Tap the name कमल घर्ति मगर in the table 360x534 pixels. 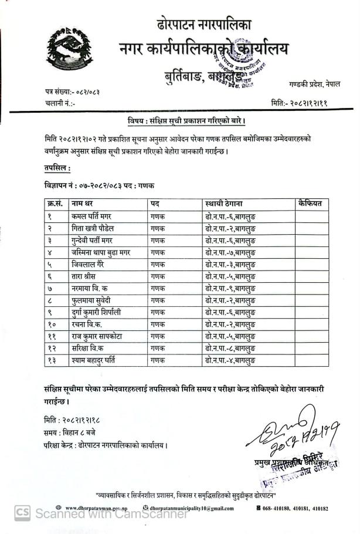pyautogui.click(x=92, y=216)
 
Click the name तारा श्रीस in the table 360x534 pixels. pyautogui.click(x=87, y=276)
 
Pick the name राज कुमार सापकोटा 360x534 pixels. pyautogui.click(x=98, y=337)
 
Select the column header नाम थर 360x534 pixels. pyautogui.click(x=81, y=203)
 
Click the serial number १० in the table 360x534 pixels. pyautogui.click(x=53, y=325)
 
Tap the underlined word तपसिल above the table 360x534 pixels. pyautogui.click(x=57, y=168)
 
